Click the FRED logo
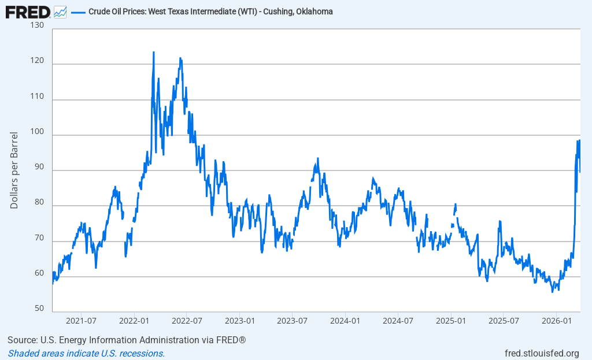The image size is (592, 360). point(28,12)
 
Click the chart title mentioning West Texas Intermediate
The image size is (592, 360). point(210,12)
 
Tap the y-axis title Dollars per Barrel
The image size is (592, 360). point(14,170)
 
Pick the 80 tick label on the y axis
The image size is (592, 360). point(39,202)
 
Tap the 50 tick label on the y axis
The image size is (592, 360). point(39,309)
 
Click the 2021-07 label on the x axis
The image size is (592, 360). point(81,320)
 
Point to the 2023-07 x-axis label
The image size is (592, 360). point(293,320)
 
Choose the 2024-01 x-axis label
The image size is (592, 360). point(346,320)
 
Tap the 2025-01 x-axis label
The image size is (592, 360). point(451,320)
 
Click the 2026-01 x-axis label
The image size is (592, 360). point(556,320)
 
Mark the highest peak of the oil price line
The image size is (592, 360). point(153,52)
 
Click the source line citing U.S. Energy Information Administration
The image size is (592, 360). point(127,340)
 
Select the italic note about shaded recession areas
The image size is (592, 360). point(86,353)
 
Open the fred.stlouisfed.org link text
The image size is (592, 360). point(542,353)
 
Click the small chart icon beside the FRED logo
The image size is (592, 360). point(60,12)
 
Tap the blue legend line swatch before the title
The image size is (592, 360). point(78,12)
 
